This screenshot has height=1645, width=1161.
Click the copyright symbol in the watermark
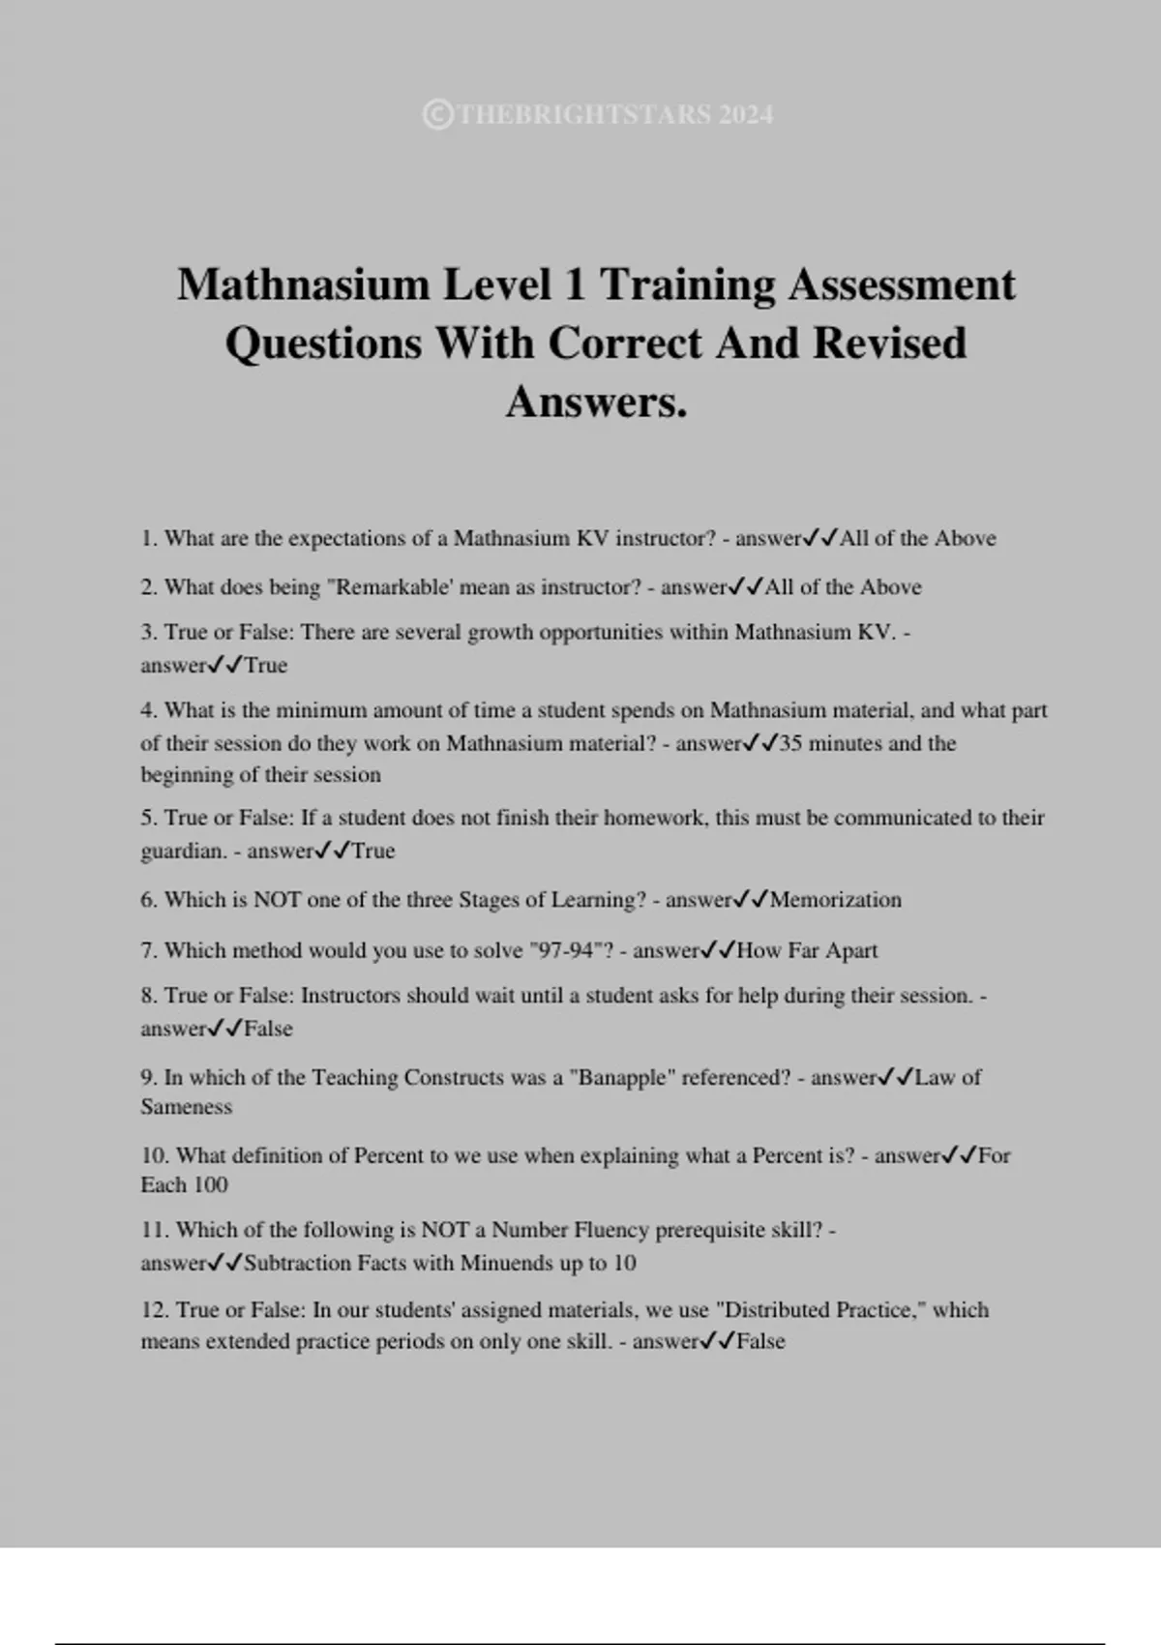437,115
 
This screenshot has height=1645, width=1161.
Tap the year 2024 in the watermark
746,115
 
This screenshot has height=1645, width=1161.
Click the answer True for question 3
266,666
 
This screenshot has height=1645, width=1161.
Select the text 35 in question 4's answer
790,744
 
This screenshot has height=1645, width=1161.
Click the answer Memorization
836,900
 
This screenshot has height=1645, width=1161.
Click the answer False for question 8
268,1029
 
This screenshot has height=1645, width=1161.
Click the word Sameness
187,1107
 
